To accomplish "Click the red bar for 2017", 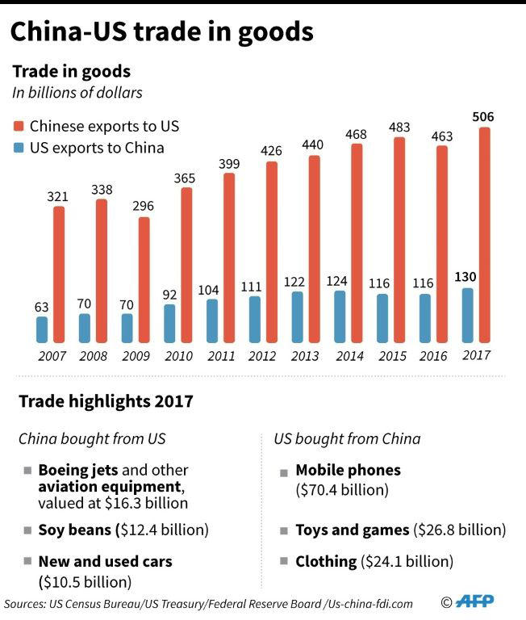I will click(483, 234).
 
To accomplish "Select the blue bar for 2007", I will click(42, 329).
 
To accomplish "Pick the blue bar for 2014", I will click(340, 316).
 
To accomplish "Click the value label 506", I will click(483, 117).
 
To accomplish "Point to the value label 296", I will click(143, 206).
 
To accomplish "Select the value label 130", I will click(467, 276).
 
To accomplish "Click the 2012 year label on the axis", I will click(262, 354).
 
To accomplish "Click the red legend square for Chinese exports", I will click(19, 127).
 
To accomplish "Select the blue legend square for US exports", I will click(19, 148).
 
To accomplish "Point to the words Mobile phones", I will click(348, 470).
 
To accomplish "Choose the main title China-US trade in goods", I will click(161, 31).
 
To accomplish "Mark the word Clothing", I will click(326, 561).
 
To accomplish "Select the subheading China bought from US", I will click(92, 439).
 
